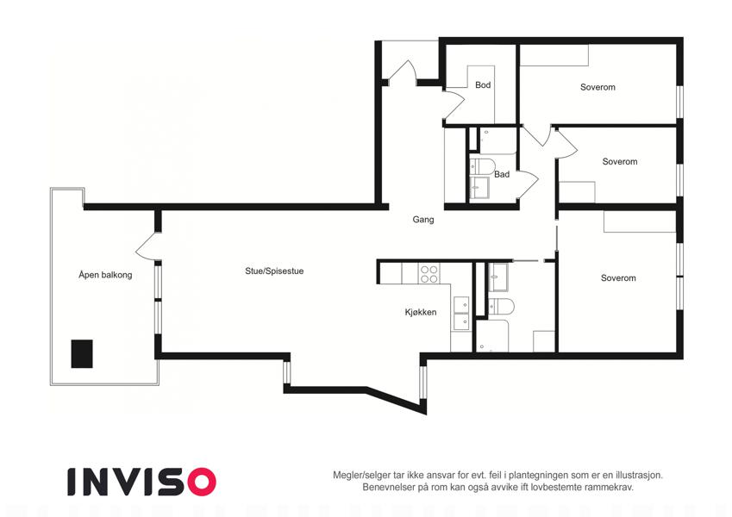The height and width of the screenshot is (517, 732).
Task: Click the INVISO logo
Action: click(141, 482)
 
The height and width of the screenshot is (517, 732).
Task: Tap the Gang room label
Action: click(423, 220)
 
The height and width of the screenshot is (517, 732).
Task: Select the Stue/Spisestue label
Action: click(274, 271)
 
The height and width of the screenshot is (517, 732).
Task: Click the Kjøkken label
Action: click(421, 312)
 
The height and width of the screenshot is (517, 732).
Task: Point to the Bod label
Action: click(483, 85)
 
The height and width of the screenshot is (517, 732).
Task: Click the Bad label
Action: click(502, 175)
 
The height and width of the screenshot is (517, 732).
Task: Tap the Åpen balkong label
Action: click(105, 275)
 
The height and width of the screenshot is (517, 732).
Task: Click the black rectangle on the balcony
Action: click(82, 353)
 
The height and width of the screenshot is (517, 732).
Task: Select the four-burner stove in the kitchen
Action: click(429, 274)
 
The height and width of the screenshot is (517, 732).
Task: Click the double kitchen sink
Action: click(461, 314)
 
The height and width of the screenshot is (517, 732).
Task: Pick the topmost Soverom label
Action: click(597, 87)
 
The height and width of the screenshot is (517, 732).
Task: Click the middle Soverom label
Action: click(620, 162)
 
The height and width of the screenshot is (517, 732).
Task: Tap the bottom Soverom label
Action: click(618, 278)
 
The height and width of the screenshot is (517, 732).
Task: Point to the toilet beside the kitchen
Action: click(501, 307)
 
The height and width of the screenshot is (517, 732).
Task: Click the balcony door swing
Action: click(147, 246)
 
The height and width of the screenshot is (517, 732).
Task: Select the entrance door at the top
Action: click(402, 72)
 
